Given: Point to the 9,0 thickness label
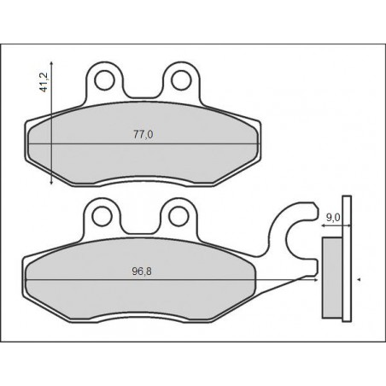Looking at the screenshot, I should [334, 218].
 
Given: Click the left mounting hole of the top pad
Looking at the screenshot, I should [105, 79].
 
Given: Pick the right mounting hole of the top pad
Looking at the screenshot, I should [180, 79].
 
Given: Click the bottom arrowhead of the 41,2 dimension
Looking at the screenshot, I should [55, 182].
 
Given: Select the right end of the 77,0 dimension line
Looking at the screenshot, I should [254, 144].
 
